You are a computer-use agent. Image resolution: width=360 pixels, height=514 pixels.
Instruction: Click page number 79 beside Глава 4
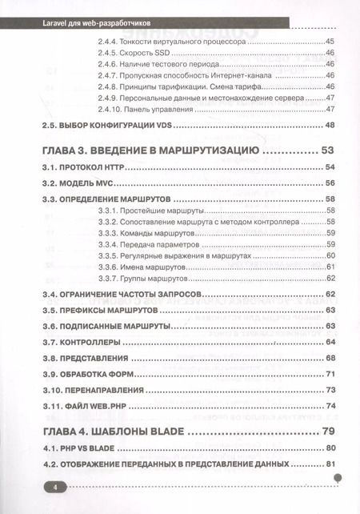[327, 432]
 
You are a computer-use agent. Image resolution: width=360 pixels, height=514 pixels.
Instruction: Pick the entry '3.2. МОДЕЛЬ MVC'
[75, 183]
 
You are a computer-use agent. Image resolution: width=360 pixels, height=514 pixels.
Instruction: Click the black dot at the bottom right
[338, 478]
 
